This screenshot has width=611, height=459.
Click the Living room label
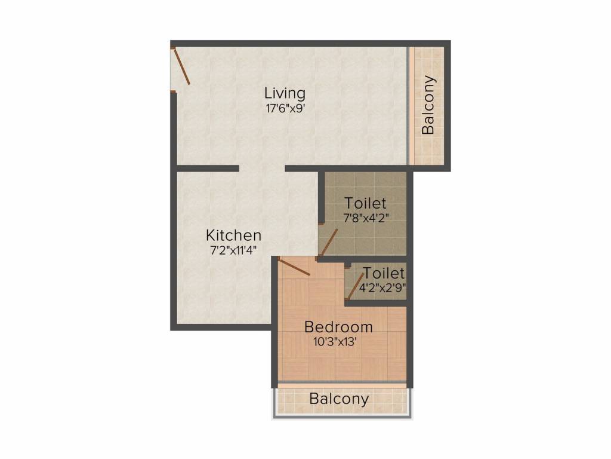285,94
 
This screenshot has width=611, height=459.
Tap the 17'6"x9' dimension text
285,108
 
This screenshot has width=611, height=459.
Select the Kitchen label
233,235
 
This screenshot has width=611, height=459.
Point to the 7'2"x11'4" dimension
233,250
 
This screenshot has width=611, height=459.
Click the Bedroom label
338,327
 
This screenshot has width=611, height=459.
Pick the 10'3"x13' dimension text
335,342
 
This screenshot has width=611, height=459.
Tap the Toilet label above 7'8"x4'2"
365,203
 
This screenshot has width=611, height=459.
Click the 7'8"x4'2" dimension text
366,218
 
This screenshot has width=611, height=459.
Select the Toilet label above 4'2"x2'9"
384,273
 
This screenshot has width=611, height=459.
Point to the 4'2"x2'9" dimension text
382,288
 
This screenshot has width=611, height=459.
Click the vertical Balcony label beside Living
428,105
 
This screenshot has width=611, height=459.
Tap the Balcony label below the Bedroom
339,399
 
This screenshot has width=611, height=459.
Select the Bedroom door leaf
294,267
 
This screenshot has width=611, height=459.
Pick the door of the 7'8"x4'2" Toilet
329,242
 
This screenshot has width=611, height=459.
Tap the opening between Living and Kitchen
263,168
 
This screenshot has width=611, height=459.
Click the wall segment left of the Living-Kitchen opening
208,168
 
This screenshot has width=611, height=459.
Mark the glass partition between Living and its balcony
408,106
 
